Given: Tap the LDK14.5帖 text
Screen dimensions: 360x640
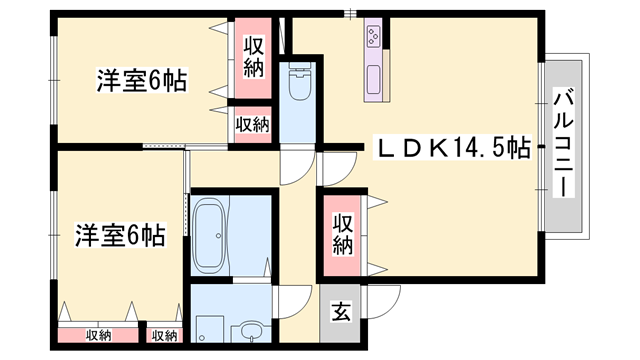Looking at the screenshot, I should (x=452, y=148).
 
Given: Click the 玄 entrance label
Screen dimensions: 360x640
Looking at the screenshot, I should (x=340, y=311).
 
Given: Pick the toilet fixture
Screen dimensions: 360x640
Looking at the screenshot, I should (x=298, y=86).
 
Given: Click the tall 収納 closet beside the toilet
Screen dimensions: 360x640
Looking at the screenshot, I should (x=252, y=57).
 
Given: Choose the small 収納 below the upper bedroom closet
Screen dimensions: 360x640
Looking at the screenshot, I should (x=252, y=124).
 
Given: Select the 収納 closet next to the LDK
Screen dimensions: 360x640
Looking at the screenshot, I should (x=342, y=233).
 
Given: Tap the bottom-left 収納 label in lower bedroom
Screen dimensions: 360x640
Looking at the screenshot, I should (x=98, y=335).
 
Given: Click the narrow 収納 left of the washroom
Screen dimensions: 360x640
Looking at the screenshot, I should (x=164, y=335).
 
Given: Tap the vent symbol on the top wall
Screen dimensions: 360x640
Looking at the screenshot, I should (x=349, y=13).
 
